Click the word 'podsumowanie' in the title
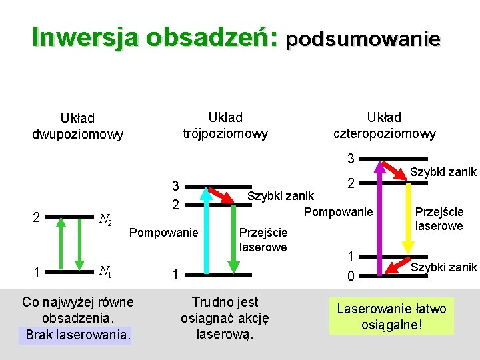363,39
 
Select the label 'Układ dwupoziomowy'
77,126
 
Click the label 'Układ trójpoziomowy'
225,125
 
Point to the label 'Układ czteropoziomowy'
385,125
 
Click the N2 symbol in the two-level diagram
105,219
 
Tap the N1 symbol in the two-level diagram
105,271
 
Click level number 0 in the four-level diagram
350,274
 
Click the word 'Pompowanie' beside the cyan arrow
163,233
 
